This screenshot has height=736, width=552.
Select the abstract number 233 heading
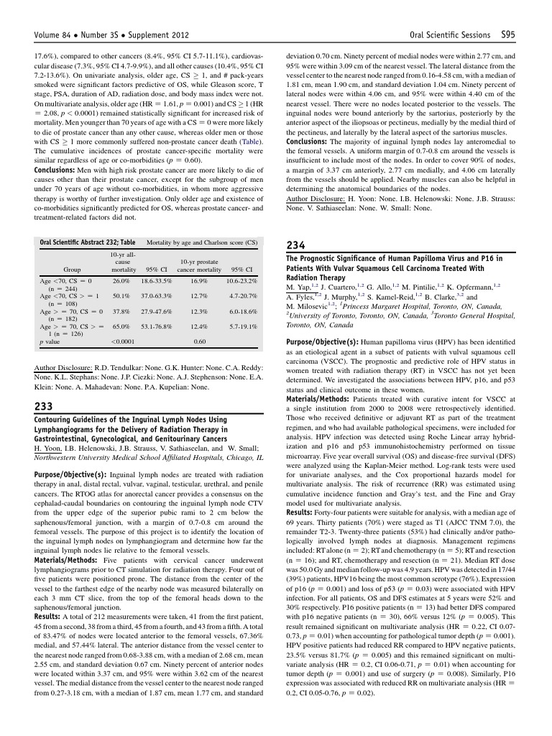[x=43, y=407]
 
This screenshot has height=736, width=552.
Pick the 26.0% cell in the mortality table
[x=121, y=281]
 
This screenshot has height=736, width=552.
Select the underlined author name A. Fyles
[x=302, y=295]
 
